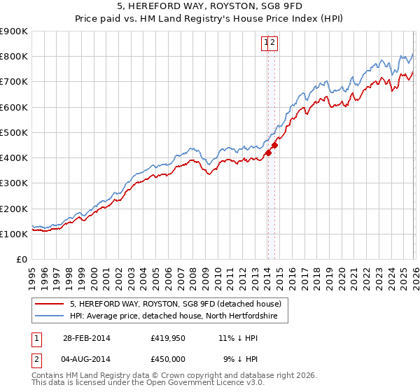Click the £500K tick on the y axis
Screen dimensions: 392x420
14,132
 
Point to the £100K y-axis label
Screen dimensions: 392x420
14,234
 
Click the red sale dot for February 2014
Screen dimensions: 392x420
268,153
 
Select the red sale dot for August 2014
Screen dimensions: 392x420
274,145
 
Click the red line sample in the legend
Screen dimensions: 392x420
50,304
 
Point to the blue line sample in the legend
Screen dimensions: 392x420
50,316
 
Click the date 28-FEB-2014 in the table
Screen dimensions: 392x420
87,338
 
